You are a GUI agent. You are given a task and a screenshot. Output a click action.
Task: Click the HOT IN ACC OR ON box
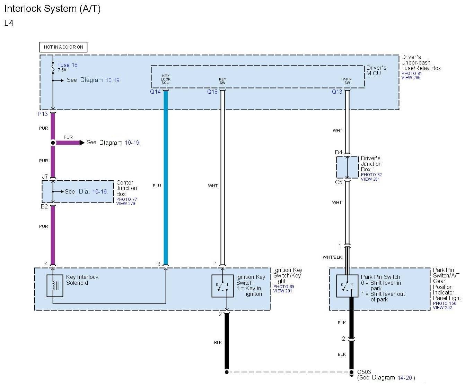63,47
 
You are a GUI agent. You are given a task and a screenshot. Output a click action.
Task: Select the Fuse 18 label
67,65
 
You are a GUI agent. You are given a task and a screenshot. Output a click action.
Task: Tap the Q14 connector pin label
155,92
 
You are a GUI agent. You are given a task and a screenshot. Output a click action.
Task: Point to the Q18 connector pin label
212,92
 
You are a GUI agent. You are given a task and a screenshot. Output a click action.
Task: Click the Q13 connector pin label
337,92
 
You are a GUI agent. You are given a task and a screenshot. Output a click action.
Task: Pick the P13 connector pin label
43,114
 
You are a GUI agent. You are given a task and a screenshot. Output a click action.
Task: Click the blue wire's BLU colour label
157,186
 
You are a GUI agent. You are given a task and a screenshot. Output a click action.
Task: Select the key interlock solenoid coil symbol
55,286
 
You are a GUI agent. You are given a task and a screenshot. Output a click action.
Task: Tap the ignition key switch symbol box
222,286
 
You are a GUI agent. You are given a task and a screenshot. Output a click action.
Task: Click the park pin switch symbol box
347,286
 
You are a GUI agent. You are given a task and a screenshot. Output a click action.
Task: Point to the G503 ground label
364,372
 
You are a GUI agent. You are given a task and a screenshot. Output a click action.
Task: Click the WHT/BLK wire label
332,257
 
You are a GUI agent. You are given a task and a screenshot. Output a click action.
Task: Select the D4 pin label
339,152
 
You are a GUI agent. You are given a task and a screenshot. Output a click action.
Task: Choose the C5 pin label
339,182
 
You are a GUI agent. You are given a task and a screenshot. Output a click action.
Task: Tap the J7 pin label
45,177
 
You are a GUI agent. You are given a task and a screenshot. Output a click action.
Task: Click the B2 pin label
44,206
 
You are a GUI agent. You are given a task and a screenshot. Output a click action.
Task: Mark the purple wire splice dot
53,143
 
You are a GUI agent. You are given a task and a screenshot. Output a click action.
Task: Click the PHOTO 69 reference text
283,287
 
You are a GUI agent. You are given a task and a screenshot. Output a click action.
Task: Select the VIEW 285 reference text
411,78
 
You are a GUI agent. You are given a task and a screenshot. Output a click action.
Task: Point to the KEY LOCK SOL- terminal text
166,79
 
